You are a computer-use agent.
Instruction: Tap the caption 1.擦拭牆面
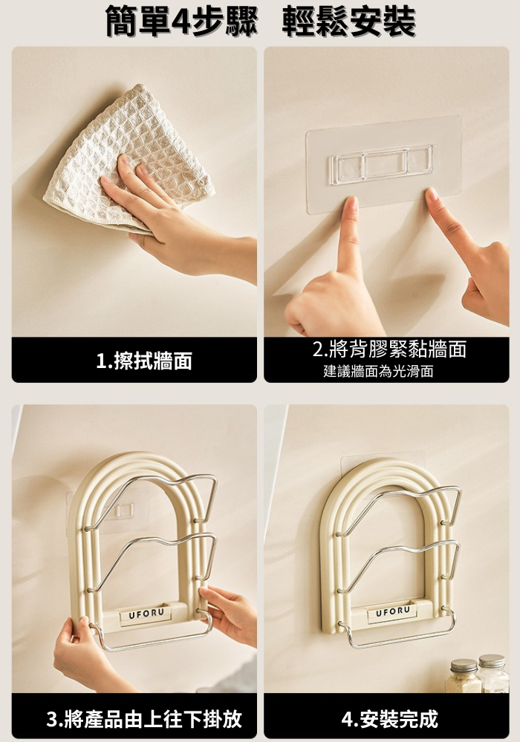144,361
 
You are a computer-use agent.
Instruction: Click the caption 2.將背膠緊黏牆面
389,349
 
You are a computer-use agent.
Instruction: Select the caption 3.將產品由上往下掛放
144,719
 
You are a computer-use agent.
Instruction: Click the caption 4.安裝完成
389,719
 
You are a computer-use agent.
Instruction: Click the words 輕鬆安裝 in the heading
348,22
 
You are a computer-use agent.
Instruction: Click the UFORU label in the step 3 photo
146,614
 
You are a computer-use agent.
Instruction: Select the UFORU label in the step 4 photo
393,611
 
